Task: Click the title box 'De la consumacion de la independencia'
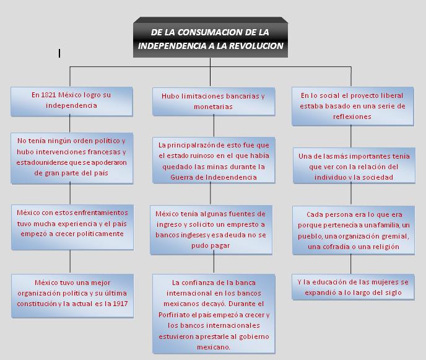click(x=211, y=38)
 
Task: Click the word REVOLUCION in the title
click(x=254, y=46)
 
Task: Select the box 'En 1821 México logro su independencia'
click(x=71, y=100)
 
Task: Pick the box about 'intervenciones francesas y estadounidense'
click(x=71, y=157)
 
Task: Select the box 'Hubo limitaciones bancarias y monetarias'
click(x=212, y=101)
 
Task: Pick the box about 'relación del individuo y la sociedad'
click(x=353, y=166)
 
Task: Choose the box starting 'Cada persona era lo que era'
click(x=352, y=230)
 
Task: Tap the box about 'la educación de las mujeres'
click(x=352, y=287)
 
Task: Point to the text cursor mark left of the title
click(x=59, y=54)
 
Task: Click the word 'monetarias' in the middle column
click(x=212, y=107)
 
